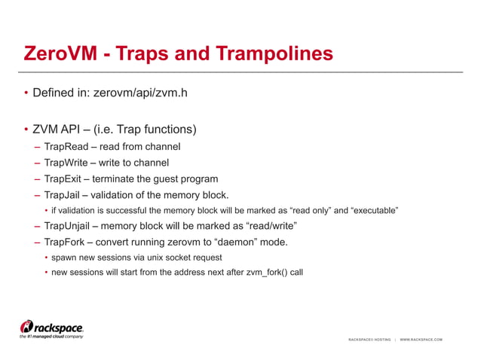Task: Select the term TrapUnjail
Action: pos(72,225)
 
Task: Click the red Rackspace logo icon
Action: pos(27,326)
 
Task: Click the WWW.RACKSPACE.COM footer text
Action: pos(421,340)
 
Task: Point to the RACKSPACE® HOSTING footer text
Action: pos(369,340)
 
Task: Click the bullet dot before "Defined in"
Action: pos(25,94)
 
